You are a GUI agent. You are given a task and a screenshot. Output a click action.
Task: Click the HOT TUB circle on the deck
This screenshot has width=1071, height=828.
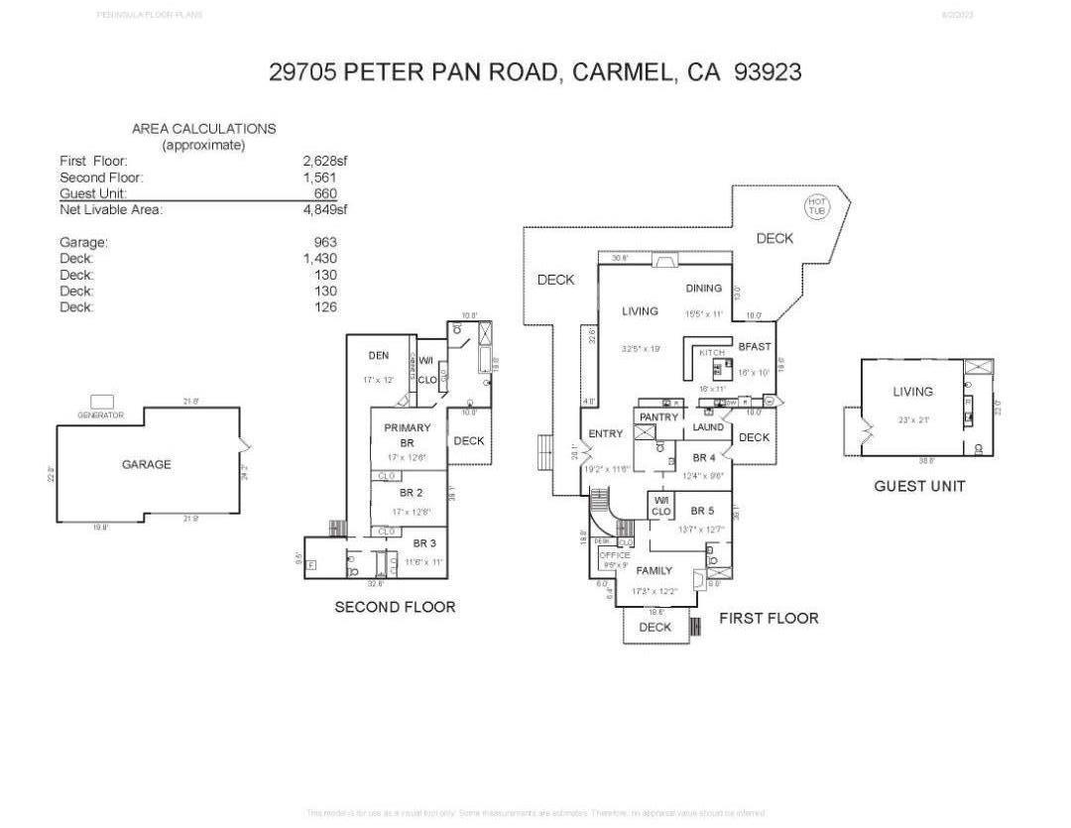click(x=816, y=206)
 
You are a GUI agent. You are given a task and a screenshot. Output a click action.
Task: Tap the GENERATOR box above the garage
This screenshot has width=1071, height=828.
click(x=101, y=402)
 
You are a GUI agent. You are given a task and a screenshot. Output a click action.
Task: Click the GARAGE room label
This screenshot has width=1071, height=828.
click(x=147, y=464)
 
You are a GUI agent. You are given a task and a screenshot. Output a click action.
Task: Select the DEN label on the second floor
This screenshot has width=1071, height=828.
click(x=378, y=356)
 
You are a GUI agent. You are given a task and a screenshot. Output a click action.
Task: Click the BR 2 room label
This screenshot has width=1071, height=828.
click(x=412, y=493)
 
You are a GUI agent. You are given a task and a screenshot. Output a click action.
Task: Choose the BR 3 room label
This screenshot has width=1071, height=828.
click(x=424, y=543)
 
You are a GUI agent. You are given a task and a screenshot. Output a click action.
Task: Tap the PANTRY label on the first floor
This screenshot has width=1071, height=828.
click(x=658, y=417)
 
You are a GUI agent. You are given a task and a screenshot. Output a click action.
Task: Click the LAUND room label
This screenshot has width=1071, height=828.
click(x=708, y=427)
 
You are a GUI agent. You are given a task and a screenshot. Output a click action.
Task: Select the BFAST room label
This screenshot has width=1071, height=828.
click(x=755, y=346)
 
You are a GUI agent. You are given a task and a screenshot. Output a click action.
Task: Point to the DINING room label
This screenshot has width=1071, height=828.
click(x=703, y=289)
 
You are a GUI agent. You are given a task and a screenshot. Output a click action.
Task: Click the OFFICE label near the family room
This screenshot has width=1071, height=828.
click(x=615, y=555)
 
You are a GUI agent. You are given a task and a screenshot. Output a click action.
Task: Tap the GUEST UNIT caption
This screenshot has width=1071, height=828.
click(x=919, y=486)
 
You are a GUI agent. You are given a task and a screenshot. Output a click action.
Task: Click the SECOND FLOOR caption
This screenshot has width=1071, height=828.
click(x=395, y=607)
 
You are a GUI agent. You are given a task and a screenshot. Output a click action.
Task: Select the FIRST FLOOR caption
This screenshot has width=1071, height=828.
click(x=769, y=618)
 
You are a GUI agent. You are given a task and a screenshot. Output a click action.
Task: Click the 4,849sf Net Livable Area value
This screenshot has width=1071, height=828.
click(x=325, y=209)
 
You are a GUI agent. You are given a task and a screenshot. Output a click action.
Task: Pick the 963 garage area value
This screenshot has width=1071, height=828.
click(x=324, y=242)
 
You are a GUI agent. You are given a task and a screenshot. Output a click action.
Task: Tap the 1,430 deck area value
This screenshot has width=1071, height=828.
click(x=320, y=259)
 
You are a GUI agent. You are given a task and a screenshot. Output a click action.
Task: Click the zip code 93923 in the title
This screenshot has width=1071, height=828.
click(x=767, y=72)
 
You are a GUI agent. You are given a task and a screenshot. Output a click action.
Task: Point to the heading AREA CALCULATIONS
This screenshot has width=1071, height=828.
click(x=203, y=129)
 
